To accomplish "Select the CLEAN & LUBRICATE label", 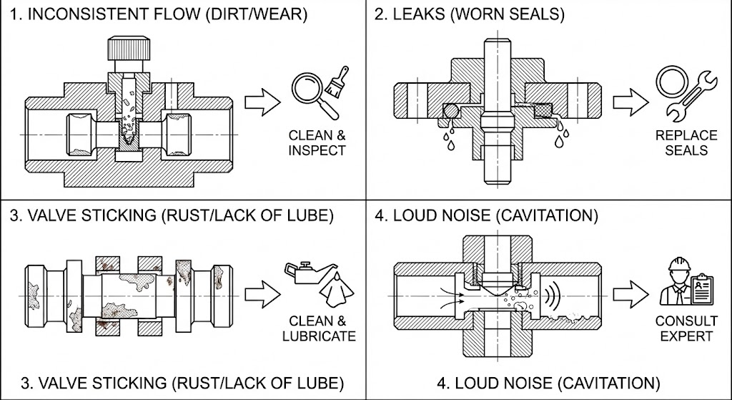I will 322,328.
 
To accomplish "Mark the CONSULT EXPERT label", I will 676,328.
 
